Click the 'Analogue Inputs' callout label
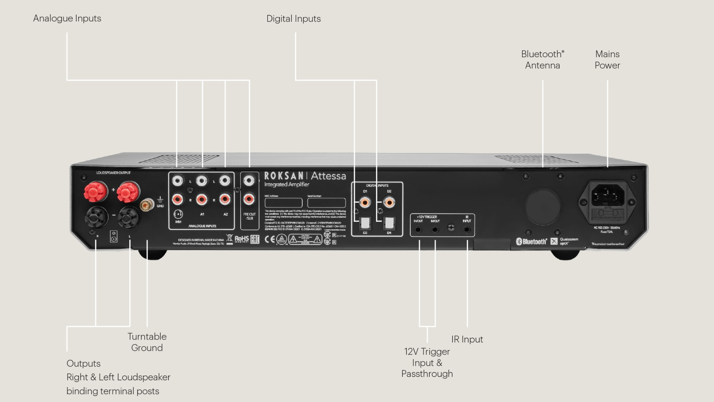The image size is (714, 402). (x=67, y=18)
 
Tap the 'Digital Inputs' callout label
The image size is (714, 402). (x=293, y=19)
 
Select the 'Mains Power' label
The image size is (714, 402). (x=607, y=60)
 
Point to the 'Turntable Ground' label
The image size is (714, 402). (x=147, y=342)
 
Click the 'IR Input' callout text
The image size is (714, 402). (x=467, y=339)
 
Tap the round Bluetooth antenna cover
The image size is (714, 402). (x=543, y=207)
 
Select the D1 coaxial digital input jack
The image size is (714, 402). (x=365, y=203)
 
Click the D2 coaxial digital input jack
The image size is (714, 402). (x=389, y=203)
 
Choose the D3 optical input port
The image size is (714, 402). (x=365, y=223)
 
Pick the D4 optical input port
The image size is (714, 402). (x=389, y=223)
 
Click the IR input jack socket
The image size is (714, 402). (x=467, y=229)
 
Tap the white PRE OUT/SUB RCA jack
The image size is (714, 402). (x=249, y=181)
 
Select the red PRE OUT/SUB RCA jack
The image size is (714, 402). (x=249, y=199)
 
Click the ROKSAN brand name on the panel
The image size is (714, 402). (x=284, y=176)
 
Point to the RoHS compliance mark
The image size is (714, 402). (x=241, y=239)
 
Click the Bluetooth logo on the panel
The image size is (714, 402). (x=532, y=242)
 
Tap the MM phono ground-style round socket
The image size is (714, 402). (x=178, y=214)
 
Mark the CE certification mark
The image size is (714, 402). (x=269, y=239)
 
